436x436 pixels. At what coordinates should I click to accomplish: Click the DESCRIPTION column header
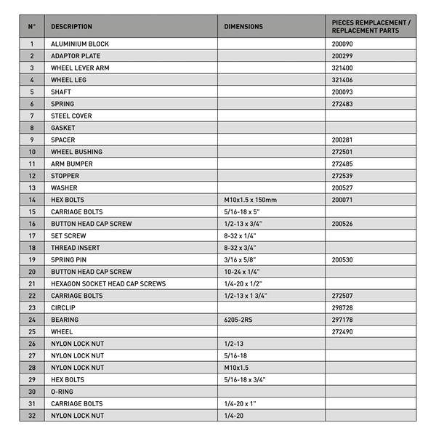click(71, 27)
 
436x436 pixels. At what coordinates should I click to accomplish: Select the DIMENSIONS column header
click(243, 27)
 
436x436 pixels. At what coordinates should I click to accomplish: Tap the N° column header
click(31, 27)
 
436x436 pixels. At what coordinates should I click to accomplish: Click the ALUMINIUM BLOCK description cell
click(80, 44)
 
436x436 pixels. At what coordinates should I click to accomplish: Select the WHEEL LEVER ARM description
click(80, 68)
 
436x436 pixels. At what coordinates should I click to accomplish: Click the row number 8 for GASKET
click(32, 128)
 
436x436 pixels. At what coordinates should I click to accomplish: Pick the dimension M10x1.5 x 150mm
click(251, 200)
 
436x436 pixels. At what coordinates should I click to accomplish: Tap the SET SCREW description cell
click(68, 235)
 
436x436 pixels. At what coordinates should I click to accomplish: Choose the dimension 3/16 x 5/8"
click(241, 259)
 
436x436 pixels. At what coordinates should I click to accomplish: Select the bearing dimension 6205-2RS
click(239, 320)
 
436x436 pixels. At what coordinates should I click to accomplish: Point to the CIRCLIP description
click(64, 307)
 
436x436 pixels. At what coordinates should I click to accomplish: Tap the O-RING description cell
click(62, 392)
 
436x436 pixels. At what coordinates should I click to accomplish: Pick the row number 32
click(32, 416)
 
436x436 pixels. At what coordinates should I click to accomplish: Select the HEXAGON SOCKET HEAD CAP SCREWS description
click(108, 283)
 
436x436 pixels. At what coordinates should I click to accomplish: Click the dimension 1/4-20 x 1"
click(242, 403)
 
